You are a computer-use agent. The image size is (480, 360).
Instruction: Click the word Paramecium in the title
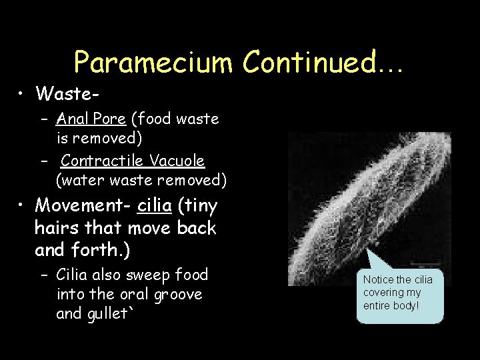154,62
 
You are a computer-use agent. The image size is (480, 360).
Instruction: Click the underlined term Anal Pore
91,119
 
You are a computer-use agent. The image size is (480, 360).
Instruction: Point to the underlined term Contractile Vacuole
133,161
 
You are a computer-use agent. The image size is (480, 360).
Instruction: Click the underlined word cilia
153,205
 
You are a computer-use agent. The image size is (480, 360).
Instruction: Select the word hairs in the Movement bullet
57,227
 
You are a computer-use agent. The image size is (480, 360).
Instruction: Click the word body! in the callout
405,305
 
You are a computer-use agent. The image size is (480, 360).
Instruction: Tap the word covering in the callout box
384,293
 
